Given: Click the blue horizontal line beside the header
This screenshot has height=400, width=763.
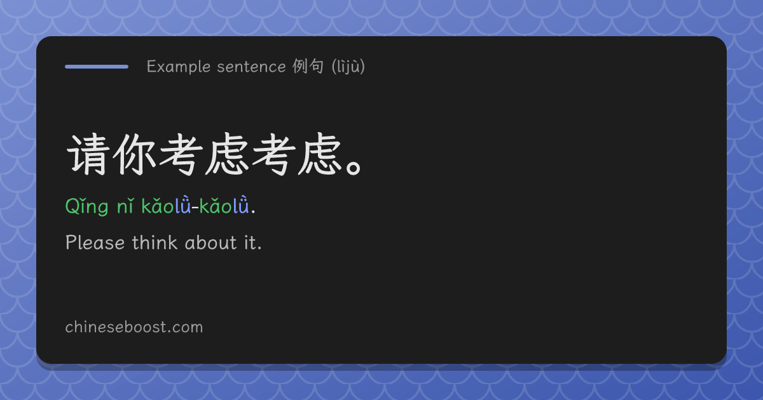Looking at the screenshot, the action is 97,67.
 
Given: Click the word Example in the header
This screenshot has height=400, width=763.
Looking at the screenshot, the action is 179,67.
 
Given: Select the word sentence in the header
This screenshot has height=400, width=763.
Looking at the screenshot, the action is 251,67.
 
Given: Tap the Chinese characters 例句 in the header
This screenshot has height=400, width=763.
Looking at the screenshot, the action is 308,66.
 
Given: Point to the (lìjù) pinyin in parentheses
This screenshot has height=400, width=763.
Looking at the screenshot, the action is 348,67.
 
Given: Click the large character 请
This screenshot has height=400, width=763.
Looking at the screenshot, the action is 88,154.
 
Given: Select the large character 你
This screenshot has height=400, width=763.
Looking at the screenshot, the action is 135,154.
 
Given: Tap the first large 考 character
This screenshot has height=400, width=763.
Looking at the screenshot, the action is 181,154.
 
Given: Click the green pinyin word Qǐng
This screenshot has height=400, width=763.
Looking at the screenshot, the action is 87,206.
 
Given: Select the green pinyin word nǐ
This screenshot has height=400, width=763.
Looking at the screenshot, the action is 125,206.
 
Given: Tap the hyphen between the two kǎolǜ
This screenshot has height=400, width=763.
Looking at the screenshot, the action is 195,207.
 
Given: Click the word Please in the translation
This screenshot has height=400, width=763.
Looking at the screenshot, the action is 95,243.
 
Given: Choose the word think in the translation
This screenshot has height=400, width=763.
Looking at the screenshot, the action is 155,242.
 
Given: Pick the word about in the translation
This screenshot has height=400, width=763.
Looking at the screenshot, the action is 210,243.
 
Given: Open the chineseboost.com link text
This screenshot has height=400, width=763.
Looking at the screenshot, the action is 134,327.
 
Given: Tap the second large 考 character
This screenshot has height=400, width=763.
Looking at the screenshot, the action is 274,154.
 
